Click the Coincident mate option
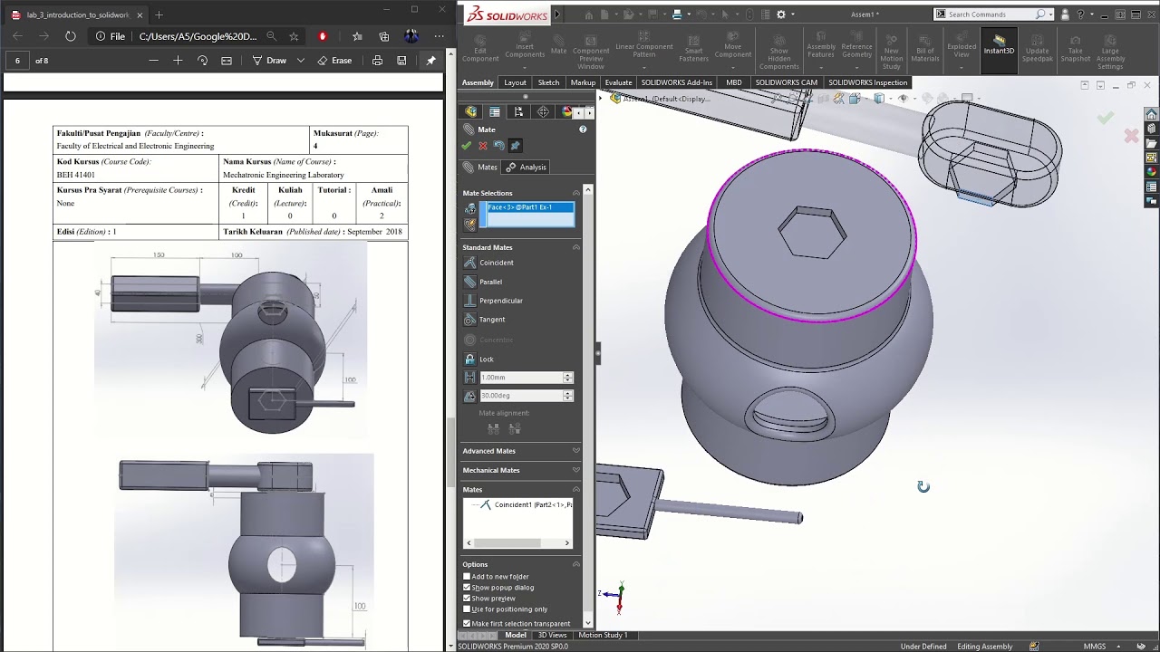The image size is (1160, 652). pos(496,263)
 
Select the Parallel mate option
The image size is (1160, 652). pos(490,282)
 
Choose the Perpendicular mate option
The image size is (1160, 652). pos(500,301)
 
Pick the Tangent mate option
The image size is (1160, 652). pos(491,320)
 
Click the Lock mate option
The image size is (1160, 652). pos(486,360)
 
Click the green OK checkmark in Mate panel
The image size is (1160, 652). pos(467,146)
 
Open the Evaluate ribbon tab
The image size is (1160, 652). pos(618,82)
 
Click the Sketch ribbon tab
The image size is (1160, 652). pos(548,82)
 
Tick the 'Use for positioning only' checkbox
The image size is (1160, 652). pos(468,609)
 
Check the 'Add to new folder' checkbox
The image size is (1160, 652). pos(468,577)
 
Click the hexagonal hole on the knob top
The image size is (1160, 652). pos(812,233)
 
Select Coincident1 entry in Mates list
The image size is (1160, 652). pos(531,504)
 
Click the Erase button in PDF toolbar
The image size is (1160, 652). pos(334,61)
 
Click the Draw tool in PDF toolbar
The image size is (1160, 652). pos(269,61)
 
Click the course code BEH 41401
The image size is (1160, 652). pos(76,175)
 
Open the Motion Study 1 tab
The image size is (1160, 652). pos(603,635)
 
